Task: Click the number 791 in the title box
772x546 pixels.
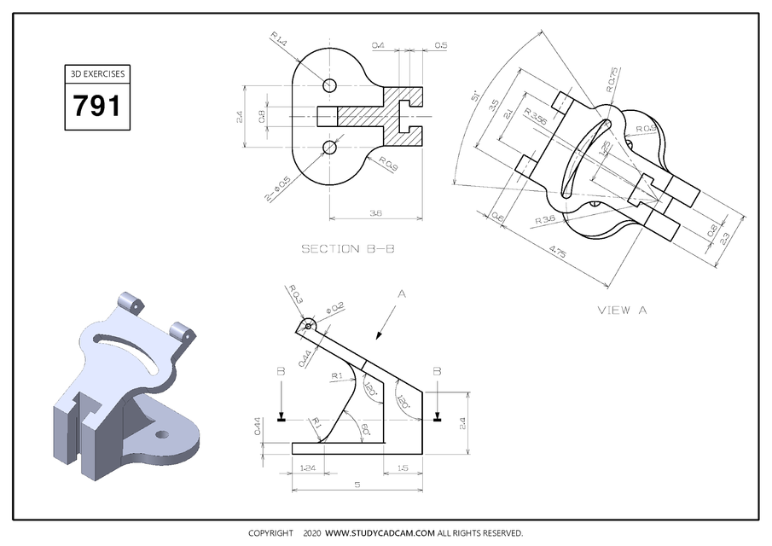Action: click(96, 106)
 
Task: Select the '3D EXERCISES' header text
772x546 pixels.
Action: click(96, 74)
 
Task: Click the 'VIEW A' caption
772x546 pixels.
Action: click(622, 311)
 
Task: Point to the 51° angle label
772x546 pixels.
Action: click(474, 97)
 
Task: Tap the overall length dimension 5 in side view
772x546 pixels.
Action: click(357, 485)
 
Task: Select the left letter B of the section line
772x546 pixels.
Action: click(281, 372)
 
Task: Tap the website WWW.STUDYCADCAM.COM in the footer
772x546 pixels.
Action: click(380, 533)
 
